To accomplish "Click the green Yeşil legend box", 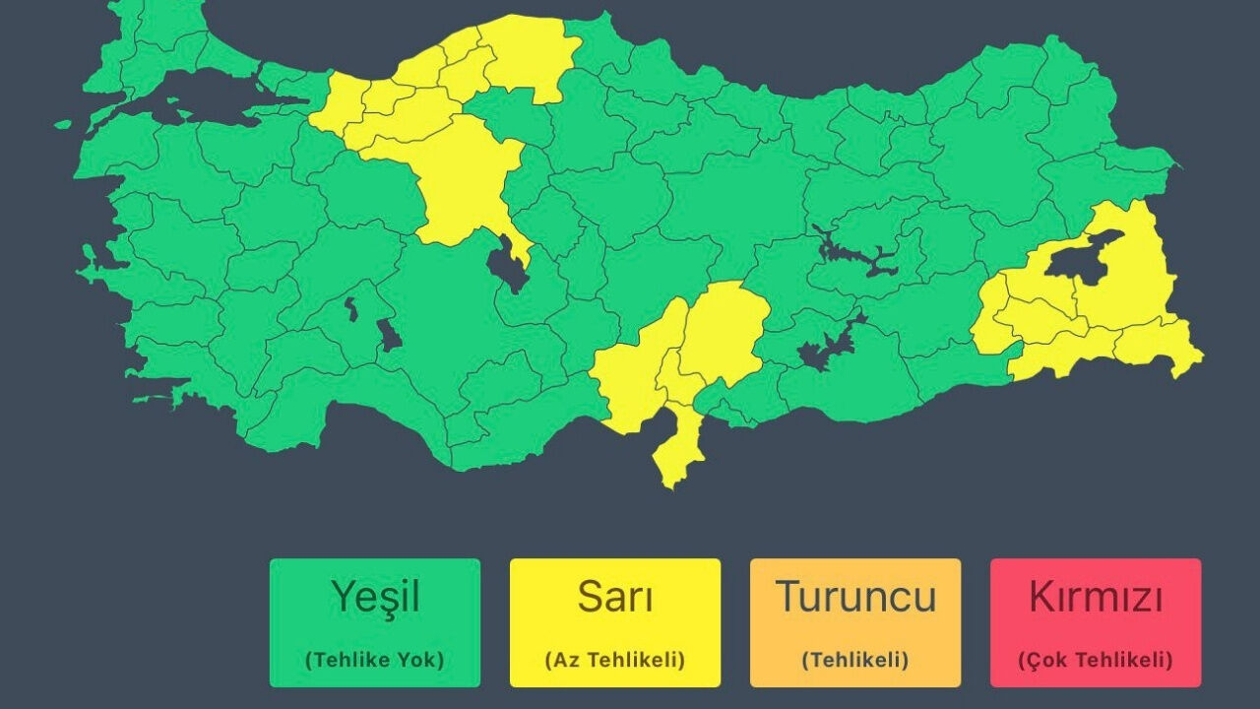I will pos(375,622).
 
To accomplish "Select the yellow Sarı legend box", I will pos(615,622).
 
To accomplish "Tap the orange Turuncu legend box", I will pos(855,622).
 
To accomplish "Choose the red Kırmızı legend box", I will pos(1096,622).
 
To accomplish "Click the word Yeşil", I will pos(375,597).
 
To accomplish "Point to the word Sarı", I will pos(615,597).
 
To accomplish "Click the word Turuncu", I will pos(855,597).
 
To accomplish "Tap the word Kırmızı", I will pos(1096,597).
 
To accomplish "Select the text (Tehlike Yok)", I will pos(375,660).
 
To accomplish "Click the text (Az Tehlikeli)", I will pos(615,660).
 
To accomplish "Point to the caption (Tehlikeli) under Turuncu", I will pos(855,660).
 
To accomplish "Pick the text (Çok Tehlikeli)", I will pos(1096,660).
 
